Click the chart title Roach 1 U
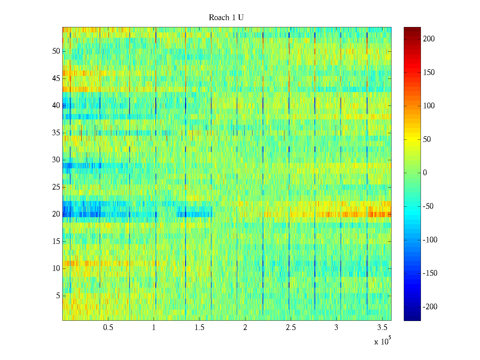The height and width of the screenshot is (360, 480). [226, 18]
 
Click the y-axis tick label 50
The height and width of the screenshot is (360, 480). [56, 51]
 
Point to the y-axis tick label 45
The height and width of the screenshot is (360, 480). [56, 79]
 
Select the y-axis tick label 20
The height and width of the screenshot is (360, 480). [56, 214]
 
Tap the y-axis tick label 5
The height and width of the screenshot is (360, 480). [58, 296]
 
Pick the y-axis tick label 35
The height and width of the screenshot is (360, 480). [56, 133]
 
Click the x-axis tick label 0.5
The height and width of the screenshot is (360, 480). [108, 328]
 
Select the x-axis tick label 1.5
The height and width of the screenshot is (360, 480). [199, 328]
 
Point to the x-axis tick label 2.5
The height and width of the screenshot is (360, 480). [291, 328]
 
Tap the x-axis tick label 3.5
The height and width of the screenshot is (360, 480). [382, 328]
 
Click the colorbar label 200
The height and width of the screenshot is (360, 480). [429, 39]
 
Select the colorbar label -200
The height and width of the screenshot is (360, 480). [430, 307]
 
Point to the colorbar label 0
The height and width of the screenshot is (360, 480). [425, 173]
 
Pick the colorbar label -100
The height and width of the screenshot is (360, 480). [430, 240]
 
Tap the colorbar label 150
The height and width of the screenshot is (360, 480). [429, 73]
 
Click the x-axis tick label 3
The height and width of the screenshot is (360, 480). [336, 328]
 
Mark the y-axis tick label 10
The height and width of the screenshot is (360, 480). [56, 268]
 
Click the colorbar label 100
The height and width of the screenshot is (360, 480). [429, 106]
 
